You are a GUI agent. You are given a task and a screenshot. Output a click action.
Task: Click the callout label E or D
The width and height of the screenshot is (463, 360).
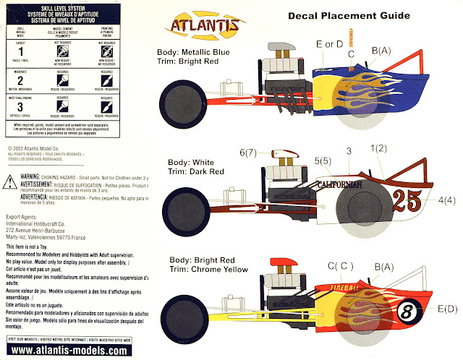point(329,45)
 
